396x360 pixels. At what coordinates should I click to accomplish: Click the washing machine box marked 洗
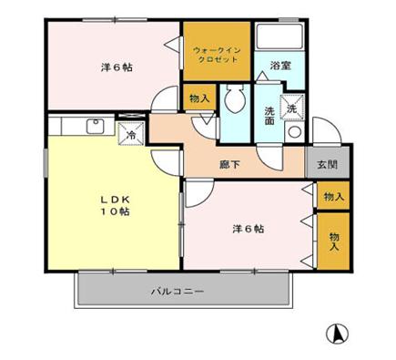pyautogui.click(x=292, y=107)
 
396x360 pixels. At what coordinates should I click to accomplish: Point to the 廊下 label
pyautogui.click(x=229, y=165)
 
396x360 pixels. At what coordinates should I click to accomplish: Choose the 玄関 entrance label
pyautogui.click(x=327, y=165)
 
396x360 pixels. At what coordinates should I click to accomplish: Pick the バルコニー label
pyautogui.click(x=178, y=292)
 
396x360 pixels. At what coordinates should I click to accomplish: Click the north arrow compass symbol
pyautogui.click(x=338, y=334)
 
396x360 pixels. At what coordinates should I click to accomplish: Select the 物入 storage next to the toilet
pyautogui.click(x=199, y=98)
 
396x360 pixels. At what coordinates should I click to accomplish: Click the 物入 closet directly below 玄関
pyautogui.click(x=332, y=195)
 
